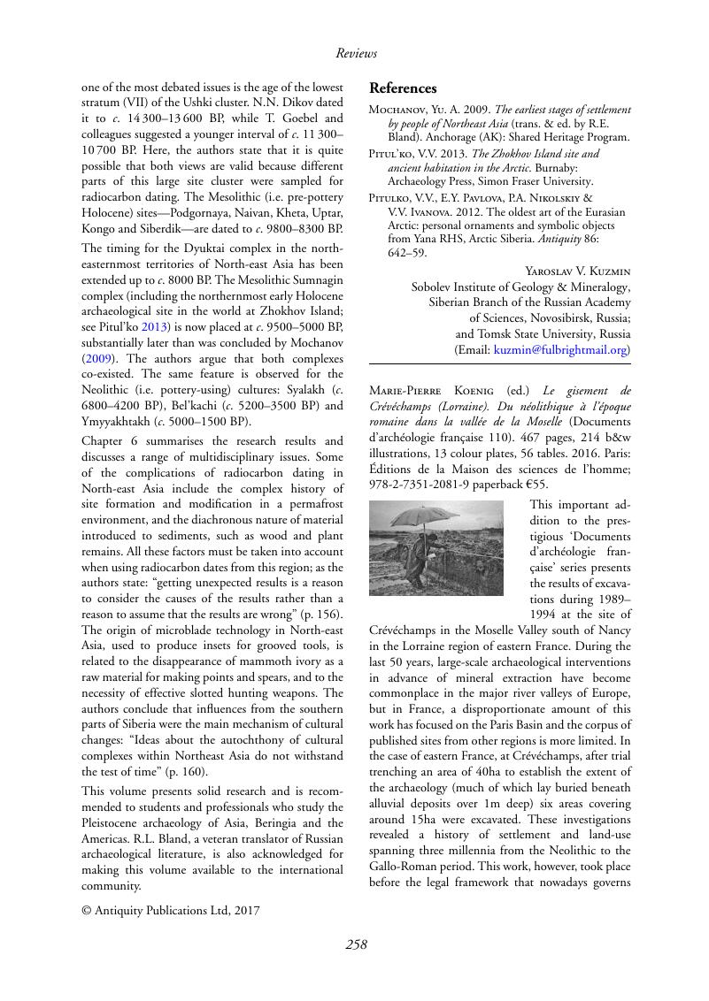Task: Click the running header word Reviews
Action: pos(356,53)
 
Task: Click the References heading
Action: pos(403,88)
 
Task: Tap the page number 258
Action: pos(356,944)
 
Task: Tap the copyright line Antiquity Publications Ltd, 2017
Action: pos(171,908)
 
